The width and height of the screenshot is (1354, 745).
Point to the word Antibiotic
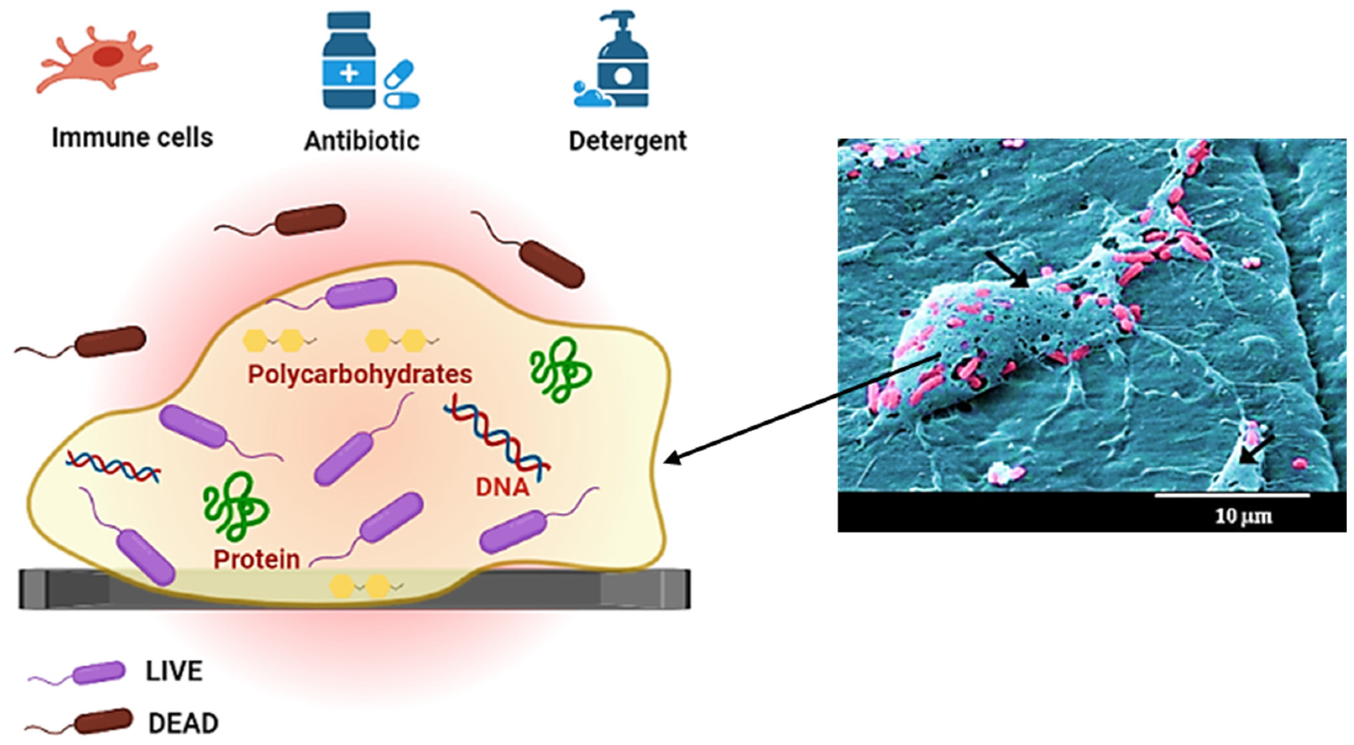pos(362,141)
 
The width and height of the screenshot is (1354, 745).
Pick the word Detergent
pos(627,141)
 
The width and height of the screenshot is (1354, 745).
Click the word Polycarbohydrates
pos(360,374)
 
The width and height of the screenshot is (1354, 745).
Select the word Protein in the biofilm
pos(256,559)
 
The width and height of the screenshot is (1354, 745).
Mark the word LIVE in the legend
pos(173,672)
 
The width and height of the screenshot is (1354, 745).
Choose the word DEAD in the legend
pos(183,724)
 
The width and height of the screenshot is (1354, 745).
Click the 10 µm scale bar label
pos(1243,516)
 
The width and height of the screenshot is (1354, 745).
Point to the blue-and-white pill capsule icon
pos(402,100)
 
